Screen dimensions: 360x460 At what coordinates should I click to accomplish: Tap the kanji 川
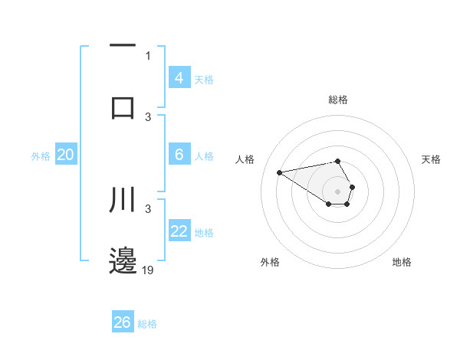pyautogui.click(x=123, y=198)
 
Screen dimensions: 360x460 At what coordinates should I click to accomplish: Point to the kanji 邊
pyautogui.click(x=123, y=261)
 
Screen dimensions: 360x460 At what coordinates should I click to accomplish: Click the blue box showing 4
pyautogui.click(x=179, y=78)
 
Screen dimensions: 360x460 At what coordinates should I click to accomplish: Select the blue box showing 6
pyautogui.click(x=179, y=155)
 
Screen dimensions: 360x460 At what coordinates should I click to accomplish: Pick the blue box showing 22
pyautogui.click(x=179, y=231)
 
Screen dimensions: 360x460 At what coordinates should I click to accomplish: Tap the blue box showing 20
pyautogui.click(x=65, y=155)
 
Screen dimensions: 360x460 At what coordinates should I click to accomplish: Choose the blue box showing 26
pyautogui.click(x=123, y=322)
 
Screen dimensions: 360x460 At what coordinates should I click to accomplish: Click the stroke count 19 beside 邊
pyautogui.click(x=148, y=270)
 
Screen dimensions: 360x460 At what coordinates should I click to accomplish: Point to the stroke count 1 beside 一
pyautogui.click(x=148, y=55)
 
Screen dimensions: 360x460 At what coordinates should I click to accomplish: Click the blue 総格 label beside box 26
pyautogui.click(x=147, y=324)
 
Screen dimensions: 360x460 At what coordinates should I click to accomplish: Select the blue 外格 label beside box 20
pyautogui.click(x=41, y=156)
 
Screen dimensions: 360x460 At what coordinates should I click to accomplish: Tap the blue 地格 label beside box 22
pyautogui.click(x=204, y=233)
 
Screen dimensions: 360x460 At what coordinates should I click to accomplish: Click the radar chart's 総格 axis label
pyautogui.click(x=338, y=100)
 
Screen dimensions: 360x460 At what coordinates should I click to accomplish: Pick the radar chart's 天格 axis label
pyautogui.click(x=431, y=159)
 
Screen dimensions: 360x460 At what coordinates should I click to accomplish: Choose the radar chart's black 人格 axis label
pyautogui.click(x=245, y=159)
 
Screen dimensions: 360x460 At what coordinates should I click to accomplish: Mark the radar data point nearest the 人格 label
pyautogui.click(x=280, y=172)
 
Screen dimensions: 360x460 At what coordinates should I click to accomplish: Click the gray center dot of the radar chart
pyautogui.click(x=338, y=191)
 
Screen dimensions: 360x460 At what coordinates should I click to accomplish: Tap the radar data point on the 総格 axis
pyautogui.click(x=338, y=161)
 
